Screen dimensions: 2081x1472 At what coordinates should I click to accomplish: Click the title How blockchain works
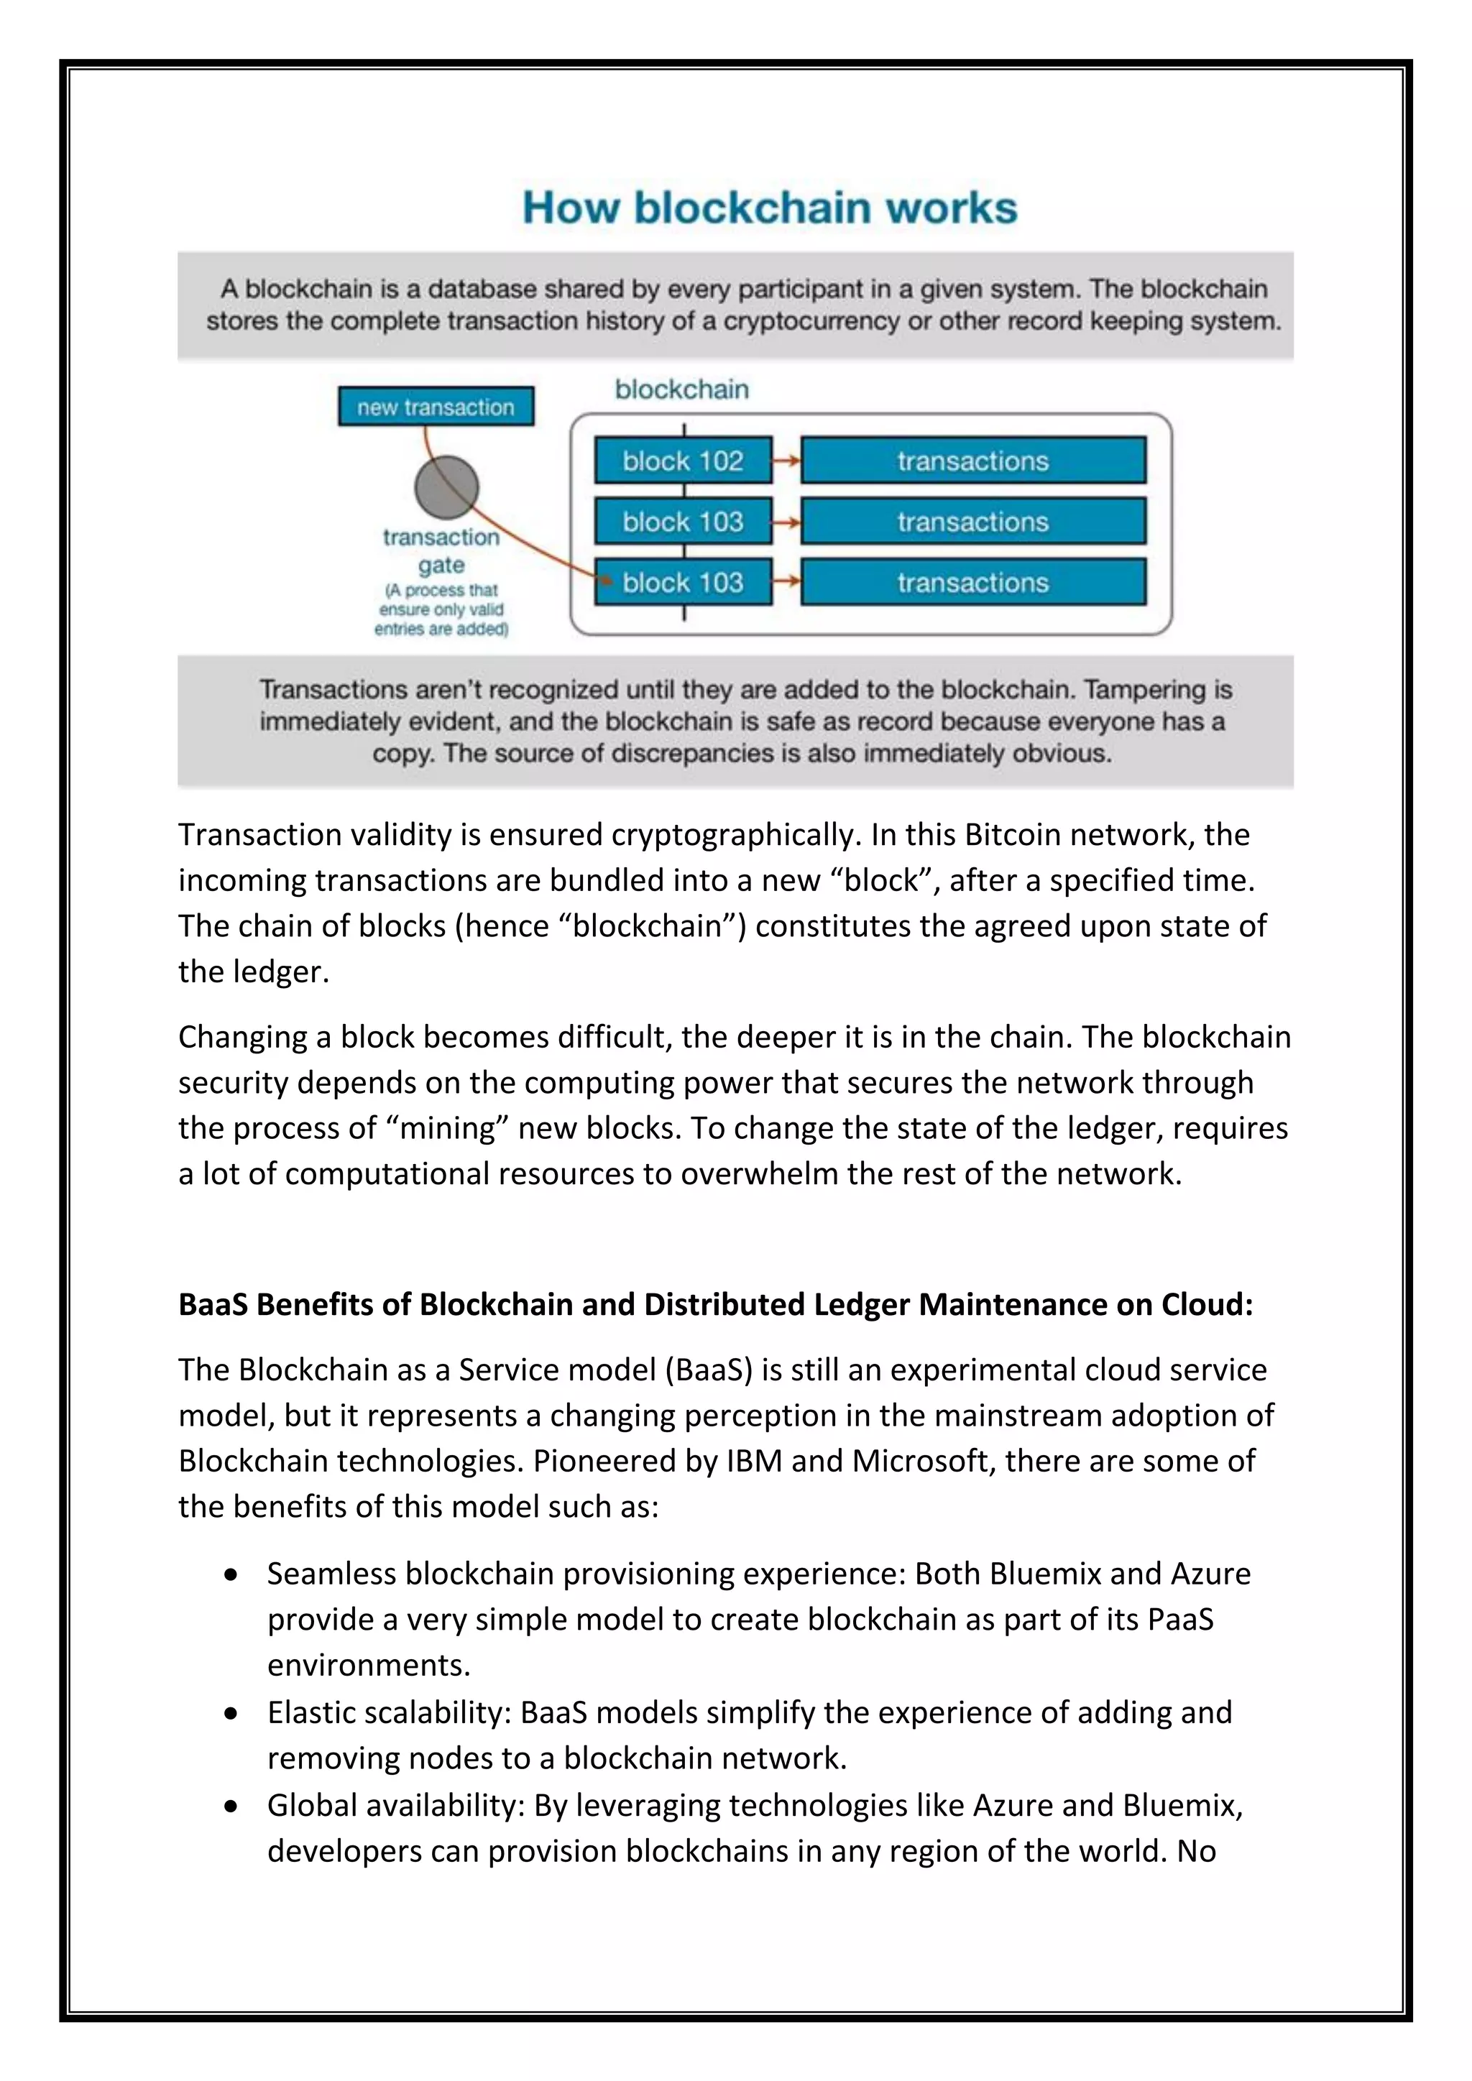[770, 208]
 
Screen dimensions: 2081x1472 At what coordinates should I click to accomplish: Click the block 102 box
[683, 461]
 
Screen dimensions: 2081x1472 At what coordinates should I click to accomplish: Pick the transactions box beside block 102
[972, 461]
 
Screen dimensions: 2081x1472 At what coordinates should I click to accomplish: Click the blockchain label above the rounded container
[681, 389]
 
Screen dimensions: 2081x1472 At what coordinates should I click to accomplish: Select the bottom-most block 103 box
[683, 582]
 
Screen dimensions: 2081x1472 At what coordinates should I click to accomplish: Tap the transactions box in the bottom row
[972, 582]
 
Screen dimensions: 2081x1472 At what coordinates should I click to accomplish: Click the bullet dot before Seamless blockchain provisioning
[232, 1575]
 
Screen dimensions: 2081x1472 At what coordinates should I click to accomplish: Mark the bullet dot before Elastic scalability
[232, 1714]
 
